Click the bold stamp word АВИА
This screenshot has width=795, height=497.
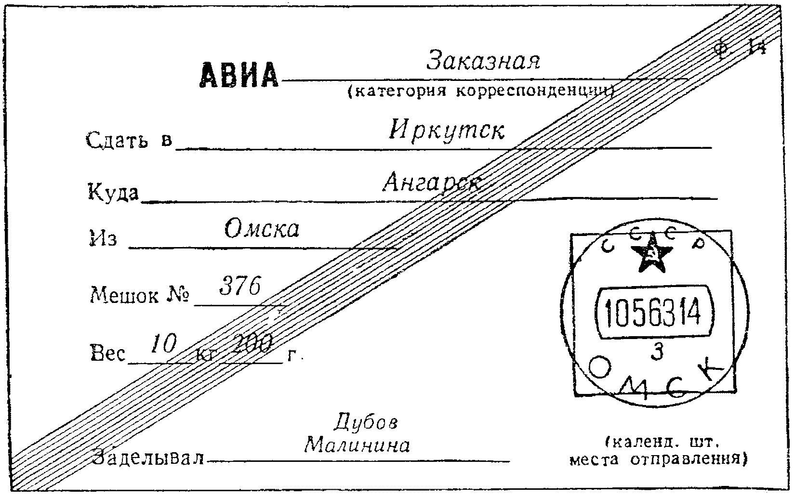[x=239, y=75]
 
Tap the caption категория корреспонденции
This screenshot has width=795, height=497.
[x=479, y=91]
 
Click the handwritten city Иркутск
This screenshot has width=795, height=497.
[x=447, y=130]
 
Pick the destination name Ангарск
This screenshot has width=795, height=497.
[x=432, y=183]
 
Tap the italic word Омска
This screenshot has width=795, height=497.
[x=262, y=229]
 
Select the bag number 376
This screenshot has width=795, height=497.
[x=239, y=288]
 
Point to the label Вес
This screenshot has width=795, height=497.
[x=107, y=354]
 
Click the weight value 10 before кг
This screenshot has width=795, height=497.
[x=164, y=344]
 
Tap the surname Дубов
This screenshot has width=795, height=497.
[x=372, y=422]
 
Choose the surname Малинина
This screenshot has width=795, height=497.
[x=358, y=445]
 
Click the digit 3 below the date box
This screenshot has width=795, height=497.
[x=656, y=353]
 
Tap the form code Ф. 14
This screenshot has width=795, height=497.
[x=740, y=49]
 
